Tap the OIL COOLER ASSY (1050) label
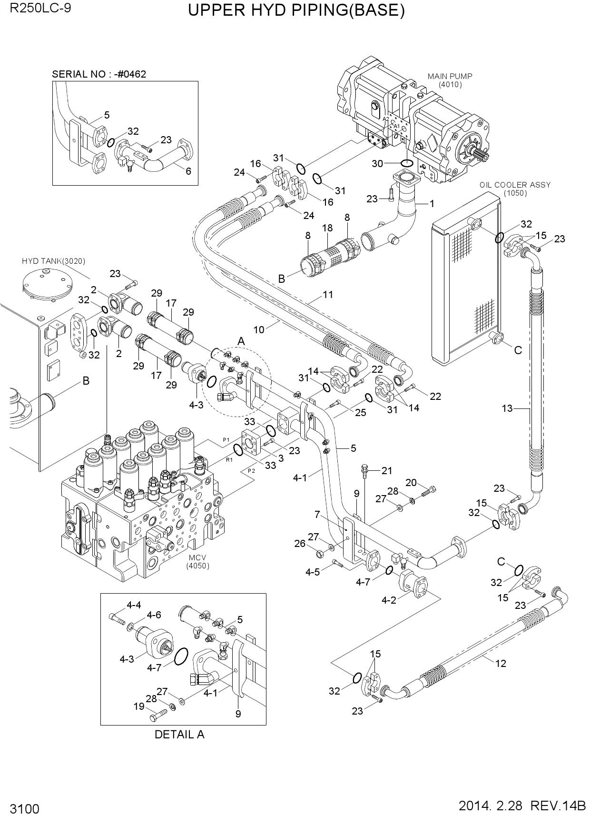tap(515, 189)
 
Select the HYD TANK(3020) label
tap(53, 261)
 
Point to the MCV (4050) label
tap(198, 562)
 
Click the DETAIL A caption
tap(179, 734)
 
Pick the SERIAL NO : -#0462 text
tap(99, 74)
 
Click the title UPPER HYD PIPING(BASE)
tap(296, 10)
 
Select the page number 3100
tap(24, 809)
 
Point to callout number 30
tap(377, 164)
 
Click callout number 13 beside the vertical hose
tap(507, 408)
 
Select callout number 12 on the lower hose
tap(501, 663)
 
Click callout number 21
tap(387, 471)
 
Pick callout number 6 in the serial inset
tap(188, 171)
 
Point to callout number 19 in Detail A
tap(139, 706)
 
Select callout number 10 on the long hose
tap(259, 329)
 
